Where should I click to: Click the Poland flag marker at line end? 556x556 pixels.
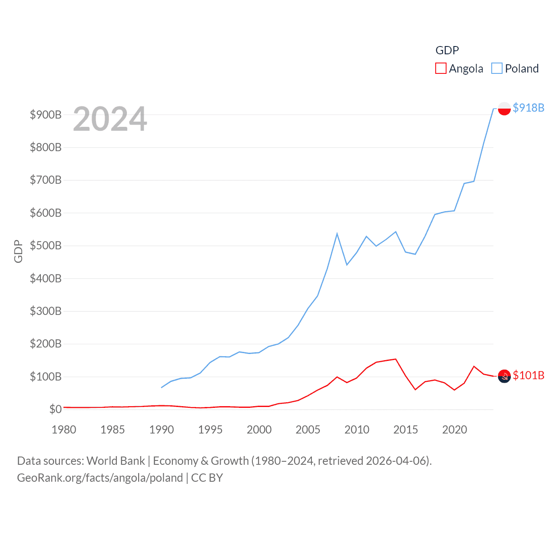pyautogui.click(x=504, y=108)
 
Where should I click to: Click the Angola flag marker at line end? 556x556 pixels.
pyautogui.click(x=504, y=376)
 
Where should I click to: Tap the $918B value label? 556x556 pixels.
pyautogui.click(x=528, y=108)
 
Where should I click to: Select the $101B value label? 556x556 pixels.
pyautogui.click(x=528, y=375)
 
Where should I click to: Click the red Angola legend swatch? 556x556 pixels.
pyautogui.click(x=441, y=69)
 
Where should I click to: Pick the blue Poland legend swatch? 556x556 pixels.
pyautogui.click(x=497, y=69)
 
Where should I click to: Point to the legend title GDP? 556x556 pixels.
pyautogui.click(x=447, y=50)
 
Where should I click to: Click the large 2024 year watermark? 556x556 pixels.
pyautogui.click(x=110, y=119)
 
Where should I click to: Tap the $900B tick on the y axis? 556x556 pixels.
pyautogui.click(x=46, y=115)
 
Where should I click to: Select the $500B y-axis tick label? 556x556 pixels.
pyautogui.click(x=46, y=245)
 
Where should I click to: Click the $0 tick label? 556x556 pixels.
pyautogui.click(x=55, y=409)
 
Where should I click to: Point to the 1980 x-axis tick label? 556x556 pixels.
pyautogui.click(x=64, y=430)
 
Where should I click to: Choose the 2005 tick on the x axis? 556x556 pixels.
pyautogui.click(x=308, y=430)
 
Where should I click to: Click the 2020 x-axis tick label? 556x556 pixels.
pyautogui.click(x=454, y=430)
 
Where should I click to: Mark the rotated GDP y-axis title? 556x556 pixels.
pyautogui.click(x=18, y=251)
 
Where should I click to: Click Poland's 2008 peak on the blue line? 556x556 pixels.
pyautogui.click(x=337, y=234)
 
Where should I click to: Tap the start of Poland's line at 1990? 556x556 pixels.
pyautogui.click(x=162, y=387)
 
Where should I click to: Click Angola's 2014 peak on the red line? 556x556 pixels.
pyautogui.click(x=396, y=359)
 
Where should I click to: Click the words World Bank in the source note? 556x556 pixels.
pyautogui.click(x=116, y=460)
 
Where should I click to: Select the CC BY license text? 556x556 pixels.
pyautogui.click(x=207, y=478)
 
